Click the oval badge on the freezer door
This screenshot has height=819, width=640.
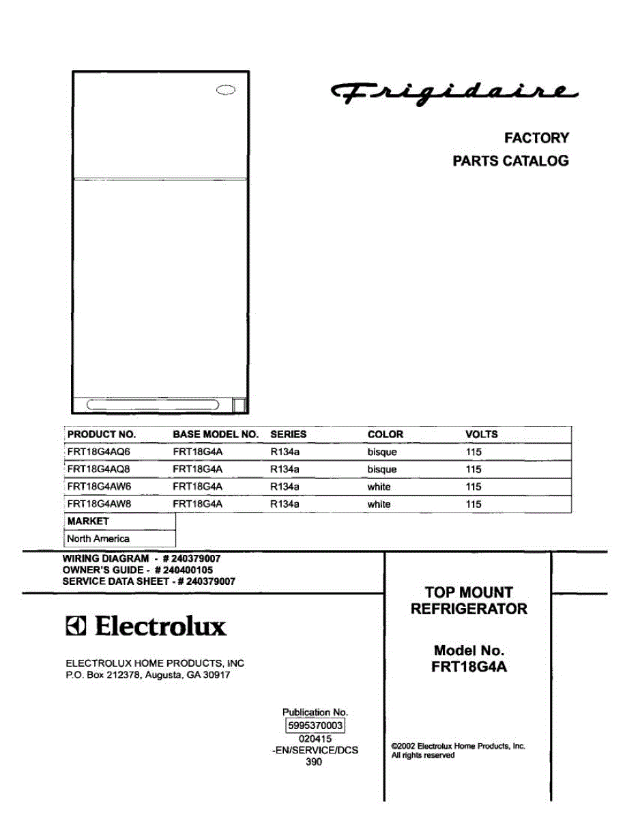pyautogui.click(x=227, y=89)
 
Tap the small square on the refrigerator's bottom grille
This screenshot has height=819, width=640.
pyautogui.click(x=239, y=405)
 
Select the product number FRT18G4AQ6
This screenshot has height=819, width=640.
pyautogui.click(x=98, y=452)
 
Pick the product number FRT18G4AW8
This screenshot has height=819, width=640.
pyautogui.click(x=98, y=504)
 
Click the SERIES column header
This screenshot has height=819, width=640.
pyautogui.click(x=288, y=434)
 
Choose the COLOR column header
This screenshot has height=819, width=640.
pyautogui.click(x=385, y=434)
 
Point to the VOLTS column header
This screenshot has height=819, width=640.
pyautogui.click(x=481, y=434)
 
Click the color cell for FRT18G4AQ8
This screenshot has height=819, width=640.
pyautogui.click(x=381, y=470)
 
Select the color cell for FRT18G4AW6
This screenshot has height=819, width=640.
pyautogui.click(x=379, y=487)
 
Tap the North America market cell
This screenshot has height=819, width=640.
pyautogui.click(x=98, y=538)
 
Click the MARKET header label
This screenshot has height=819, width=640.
pyautogui.click(x=88, y=521)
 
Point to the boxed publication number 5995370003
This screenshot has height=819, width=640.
pyautogui.click(x=315, y=726)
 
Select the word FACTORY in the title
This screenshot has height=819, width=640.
pyautogui.click(x=536, y=138)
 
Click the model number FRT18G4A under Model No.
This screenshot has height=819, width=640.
pyautogui.click(x=469, y=668)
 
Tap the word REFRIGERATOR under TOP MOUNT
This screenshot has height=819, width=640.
pyautogui.click(x=469, y=609)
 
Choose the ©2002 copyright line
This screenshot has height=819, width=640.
pyautogui.click(x=458, y=747)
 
